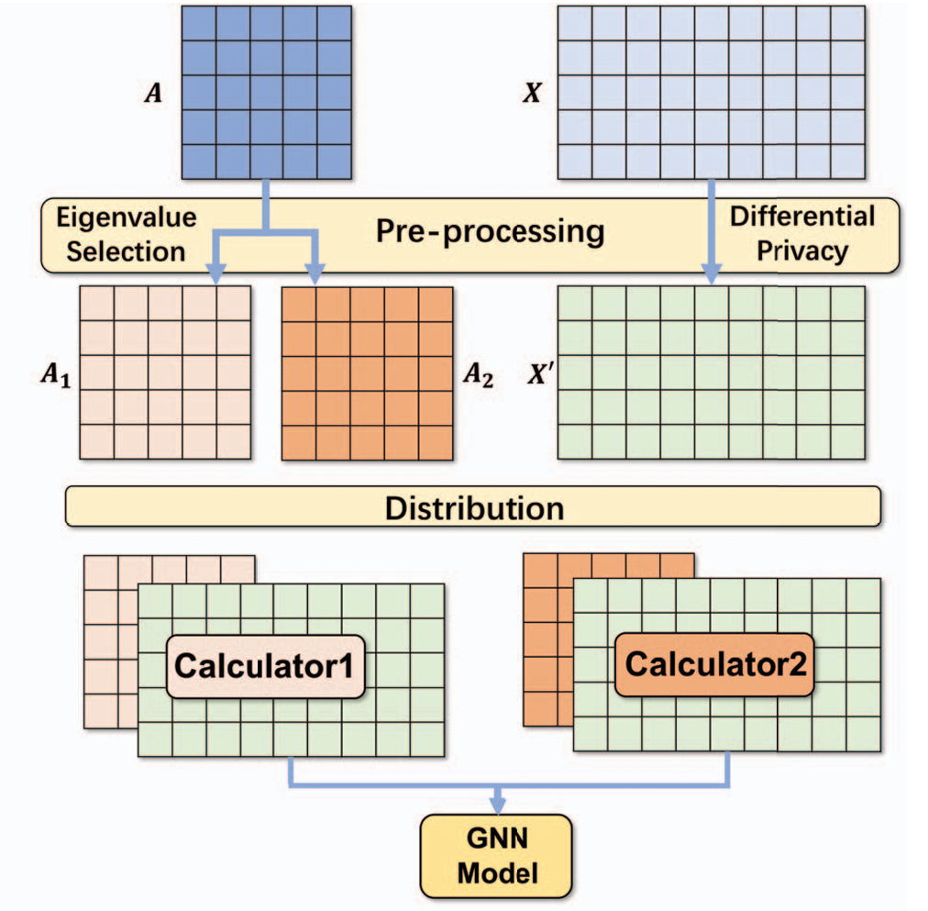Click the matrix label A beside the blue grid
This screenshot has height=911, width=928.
[153, 93]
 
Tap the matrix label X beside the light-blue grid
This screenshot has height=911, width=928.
[531, 93]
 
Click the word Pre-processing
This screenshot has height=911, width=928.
[490, 231]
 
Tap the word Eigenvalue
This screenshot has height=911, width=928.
[127, 217]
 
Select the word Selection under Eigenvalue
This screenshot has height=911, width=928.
[127, 250]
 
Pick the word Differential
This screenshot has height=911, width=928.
[801, 217]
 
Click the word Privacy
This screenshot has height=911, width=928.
[801, 250]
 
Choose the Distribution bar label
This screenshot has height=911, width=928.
[473, 507]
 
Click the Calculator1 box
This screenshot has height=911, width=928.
[265, 665]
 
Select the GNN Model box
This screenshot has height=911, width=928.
[497, 855]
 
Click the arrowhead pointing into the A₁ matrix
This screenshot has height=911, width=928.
[216, 274]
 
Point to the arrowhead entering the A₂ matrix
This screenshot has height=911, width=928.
[315, 274]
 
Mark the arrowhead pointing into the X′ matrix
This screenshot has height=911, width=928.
[711, 274]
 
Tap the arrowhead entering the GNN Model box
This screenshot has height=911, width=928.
[497, 805]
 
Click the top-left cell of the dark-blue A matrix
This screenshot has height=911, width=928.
[200, 23]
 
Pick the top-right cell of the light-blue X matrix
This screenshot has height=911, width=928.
[847, 23]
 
